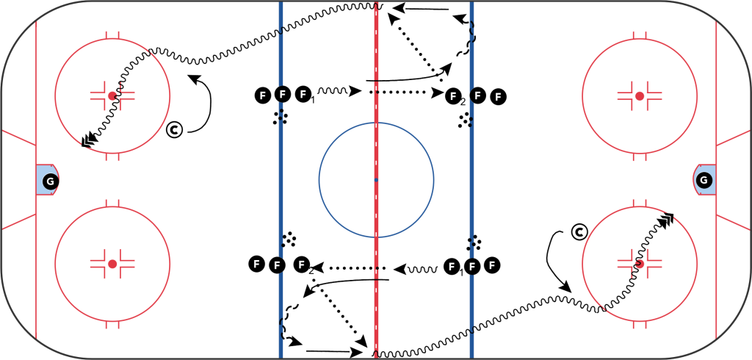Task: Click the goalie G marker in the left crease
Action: (49, 181)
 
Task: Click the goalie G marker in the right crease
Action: (703, 180)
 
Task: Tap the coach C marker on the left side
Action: (175, 130)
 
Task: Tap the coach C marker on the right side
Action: (579, 232)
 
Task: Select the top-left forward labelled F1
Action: (303, 94)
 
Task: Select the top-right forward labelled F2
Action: (455, 95)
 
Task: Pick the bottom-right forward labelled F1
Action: (454, 265)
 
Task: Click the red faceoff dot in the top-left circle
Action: (112, 96)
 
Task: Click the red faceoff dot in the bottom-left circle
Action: (112, 263)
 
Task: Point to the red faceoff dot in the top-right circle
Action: (640, 96)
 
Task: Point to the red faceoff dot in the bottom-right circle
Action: (640, 263)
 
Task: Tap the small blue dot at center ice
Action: (375, 179)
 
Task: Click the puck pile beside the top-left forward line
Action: (279, 117)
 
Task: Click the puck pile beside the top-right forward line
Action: (466, 120)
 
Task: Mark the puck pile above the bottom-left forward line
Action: (289, 239)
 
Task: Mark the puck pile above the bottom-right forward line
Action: (474, 242)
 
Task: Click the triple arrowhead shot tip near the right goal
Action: (668, 218)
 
